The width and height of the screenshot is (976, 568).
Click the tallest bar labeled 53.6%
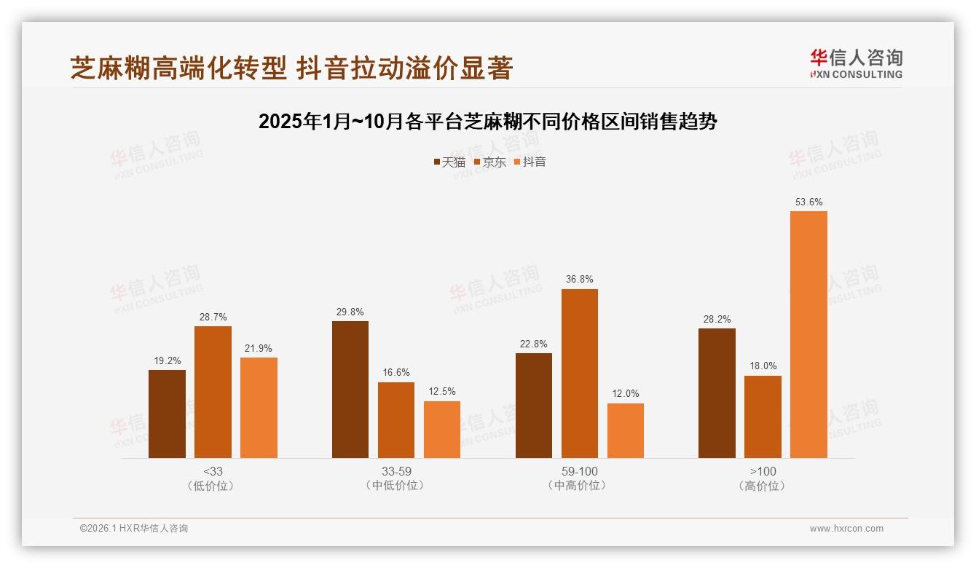[x=808, y=334]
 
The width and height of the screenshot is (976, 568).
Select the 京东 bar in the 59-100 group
[x=579, y=374]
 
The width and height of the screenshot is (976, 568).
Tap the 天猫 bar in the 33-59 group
[x=350, y=390]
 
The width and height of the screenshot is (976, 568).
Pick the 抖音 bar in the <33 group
[x=259, y=408]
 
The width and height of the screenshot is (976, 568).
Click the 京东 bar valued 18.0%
[x=763, y=417]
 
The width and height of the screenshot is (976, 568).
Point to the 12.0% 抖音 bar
[x=625, y=430]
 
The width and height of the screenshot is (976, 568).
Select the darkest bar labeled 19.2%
[x=167, y=414]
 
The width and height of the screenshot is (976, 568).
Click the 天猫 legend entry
[x=449, y=162]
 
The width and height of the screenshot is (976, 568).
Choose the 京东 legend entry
[x=490, y=162]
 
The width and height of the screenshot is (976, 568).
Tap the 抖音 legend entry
[x=530, y=162]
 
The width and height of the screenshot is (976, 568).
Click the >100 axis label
[x=763, y=471]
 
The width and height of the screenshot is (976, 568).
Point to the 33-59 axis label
[x=395, y=471]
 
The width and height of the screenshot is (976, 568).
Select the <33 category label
[x=213, y=471]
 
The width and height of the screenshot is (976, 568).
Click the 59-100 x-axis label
[x=579, y=471]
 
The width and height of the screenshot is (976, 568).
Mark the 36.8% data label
[x=579, y=279]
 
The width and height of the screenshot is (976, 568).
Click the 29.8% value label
[x=350, y=311]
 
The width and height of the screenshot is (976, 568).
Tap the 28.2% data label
[x=717, y=319]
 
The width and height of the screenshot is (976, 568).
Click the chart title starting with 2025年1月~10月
[x=488, y=122]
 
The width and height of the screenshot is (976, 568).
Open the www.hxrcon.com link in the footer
[x=846, y=529]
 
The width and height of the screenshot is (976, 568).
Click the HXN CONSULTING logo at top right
[x=856, y=63]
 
